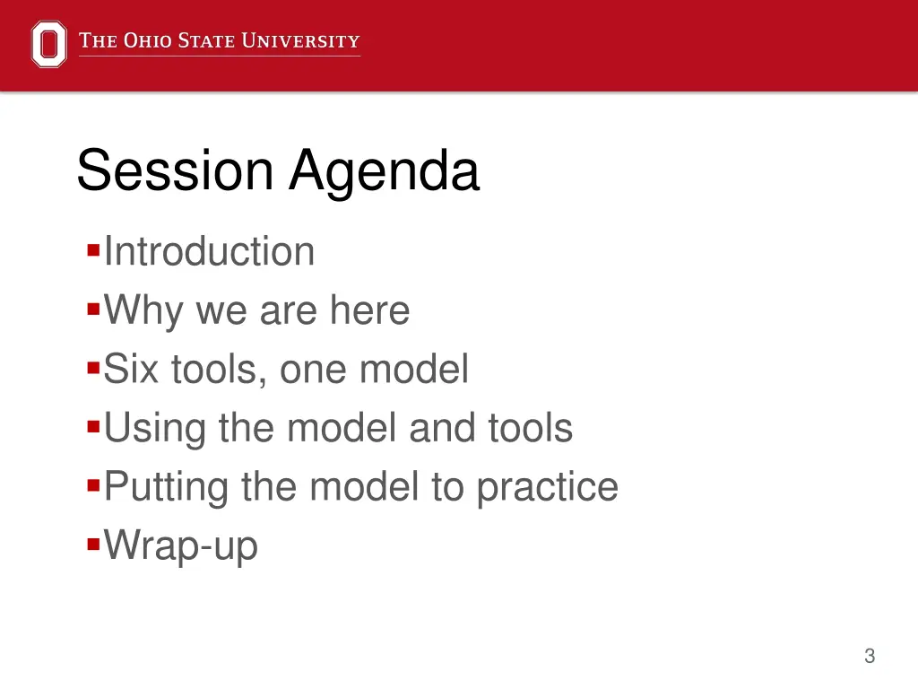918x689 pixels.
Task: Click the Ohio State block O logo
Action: [48, 44]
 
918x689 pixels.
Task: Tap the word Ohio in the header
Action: [148, 40]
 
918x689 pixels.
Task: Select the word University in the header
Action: [301, 40]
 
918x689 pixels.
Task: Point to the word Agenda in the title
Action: [385, 171]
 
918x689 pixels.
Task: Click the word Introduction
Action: [209, 251]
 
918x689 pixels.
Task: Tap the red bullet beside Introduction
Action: [93, 251]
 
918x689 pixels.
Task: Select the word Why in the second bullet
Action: [143, 311]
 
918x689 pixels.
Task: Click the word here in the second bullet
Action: [369, 310]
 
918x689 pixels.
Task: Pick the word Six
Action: [131, 369]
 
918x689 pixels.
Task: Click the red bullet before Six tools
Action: [93, 369]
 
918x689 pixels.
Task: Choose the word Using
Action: [154, 429]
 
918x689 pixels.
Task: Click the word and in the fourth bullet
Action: [442, 427]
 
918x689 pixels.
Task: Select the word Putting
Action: [166, 487]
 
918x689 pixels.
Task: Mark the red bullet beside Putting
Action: [93, 485]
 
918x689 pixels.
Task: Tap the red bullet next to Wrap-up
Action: [93, 545]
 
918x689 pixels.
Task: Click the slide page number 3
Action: [870, 656]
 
